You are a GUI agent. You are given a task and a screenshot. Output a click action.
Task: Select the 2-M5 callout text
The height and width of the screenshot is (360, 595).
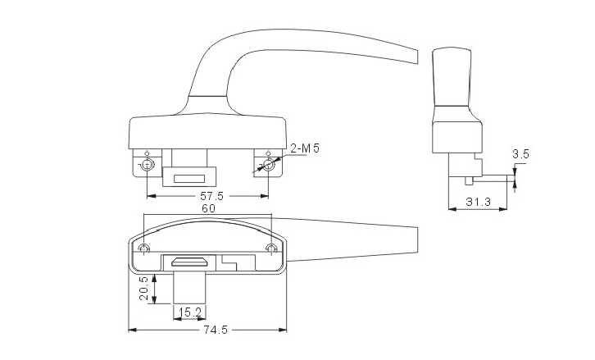(304, 148)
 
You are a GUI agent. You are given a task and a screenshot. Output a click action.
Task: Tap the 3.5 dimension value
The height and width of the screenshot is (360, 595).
(520, 154)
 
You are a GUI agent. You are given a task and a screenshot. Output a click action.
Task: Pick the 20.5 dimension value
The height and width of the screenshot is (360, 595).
(144, 288)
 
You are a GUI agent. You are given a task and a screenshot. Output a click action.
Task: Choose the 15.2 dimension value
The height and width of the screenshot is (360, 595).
(189, 312)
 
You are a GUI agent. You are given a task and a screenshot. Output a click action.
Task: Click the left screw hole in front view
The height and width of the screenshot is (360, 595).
(147, 166)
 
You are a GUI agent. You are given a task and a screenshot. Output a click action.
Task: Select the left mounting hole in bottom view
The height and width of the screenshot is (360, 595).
(145, 248)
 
